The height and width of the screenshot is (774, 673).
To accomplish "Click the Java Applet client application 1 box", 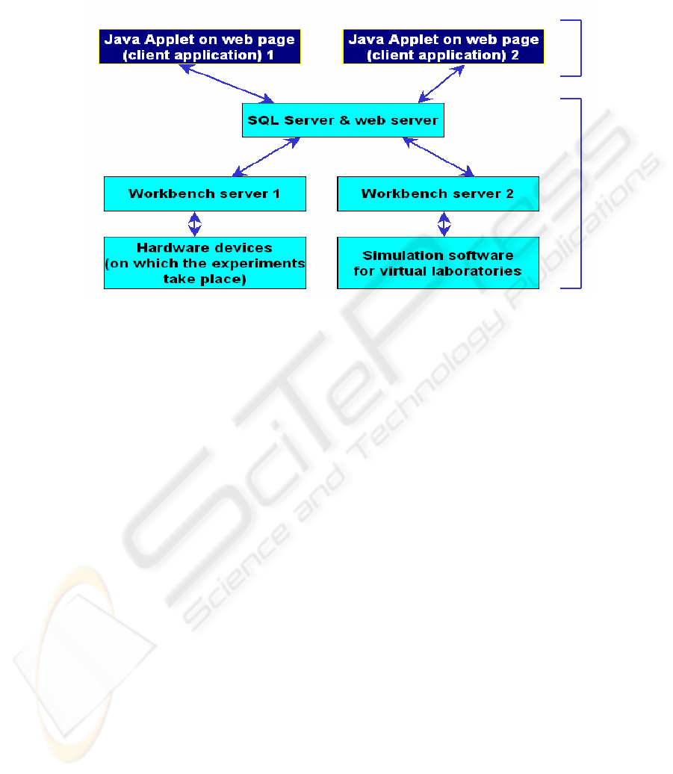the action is pyautogui.click(x=199, y=46).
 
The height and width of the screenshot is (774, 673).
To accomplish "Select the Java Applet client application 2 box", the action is pyautogui.click(x=443, y=46).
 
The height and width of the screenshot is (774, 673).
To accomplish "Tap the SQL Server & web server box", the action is pyautogui.click(x=343, y=120).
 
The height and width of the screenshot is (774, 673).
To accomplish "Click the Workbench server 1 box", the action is pyautogui.click(x=205, y=193).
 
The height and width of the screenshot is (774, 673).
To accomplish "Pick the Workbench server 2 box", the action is pyautogui.click(x=438, y=193).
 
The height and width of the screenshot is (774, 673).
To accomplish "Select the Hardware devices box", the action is pyautogui.click(x=205, y=263).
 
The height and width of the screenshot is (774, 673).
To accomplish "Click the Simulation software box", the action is pyautogui.click(x=438, y=263).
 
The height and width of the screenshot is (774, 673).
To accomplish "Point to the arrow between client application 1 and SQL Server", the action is pyautogui.click(x=226, y=84).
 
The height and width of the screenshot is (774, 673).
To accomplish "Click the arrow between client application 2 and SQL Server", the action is pyautogui.click(x=441, y=84).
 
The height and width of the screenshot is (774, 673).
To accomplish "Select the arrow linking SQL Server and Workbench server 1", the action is pyautogui.click(x=266, y=157).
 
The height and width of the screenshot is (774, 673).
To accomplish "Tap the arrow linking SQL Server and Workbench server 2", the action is pyautogui.click(x=438, y=157).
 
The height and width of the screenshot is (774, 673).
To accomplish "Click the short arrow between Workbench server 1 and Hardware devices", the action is pyautogui.click(x=195, y=224).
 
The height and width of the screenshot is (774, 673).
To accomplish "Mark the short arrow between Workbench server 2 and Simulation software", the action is pyautogui.click(x=444, y=224).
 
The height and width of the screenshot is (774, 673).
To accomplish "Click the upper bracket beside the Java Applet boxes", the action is pyautogui.click(x=580, y=49).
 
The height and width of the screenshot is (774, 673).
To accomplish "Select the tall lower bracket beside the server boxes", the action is pyautogui.click(x=580, y=193).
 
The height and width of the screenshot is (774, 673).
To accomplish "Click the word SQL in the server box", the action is pyautogui.click(x=263, y=120).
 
